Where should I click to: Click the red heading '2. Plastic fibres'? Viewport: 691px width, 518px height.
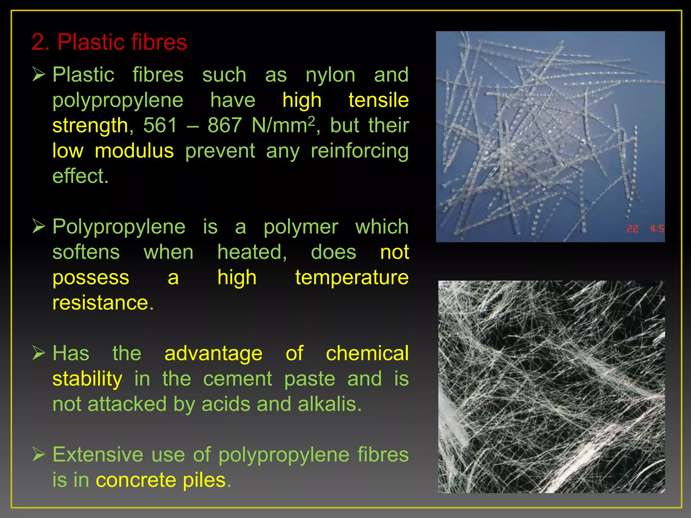pyautogui.click(x=109, y=42)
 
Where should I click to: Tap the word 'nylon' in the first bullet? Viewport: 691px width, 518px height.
pyautogui.click(x=330, y=75)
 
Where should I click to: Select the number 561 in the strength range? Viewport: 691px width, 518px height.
pyautogui.click(x=160, y=125)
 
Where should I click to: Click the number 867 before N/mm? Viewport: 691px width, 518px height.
pyautogui.click(x=224, y=125)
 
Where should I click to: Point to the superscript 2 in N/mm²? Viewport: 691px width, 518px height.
pyautogui.click(x=312, y=120)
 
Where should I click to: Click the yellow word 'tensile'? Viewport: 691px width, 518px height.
pyautogui.click(x=378, y=100)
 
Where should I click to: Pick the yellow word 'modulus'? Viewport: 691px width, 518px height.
pyautogui.click(x=134, y=151)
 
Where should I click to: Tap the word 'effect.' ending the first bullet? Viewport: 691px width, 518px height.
pyautogui.click(x=80, y=176)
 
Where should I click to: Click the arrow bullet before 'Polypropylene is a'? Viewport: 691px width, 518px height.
pyautogui.click(x=39, y=226)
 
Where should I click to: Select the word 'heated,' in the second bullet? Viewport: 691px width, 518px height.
pyautogui.click(x=252, y=252)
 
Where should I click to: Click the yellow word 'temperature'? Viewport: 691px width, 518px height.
pyautogui.click(x=352, y=278)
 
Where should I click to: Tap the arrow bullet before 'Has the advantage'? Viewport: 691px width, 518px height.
pyautogui.click(x=39, y=353)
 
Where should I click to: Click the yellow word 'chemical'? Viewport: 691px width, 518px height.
pyautogui.click(x=367, y=353)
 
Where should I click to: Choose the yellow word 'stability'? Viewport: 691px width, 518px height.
pyautogui.click(x=87, y=379)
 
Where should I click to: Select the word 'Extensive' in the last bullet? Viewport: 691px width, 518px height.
pyautogui.click(x=98, y=455)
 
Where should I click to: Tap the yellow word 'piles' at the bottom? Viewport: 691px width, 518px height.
pyautogui.click(x=204, y=480)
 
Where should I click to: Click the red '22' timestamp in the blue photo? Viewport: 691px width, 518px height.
pyautogui.click(x=632, y=229)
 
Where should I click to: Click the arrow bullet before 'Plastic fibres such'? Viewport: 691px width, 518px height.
pyautogui.click(x=39, y=74)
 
